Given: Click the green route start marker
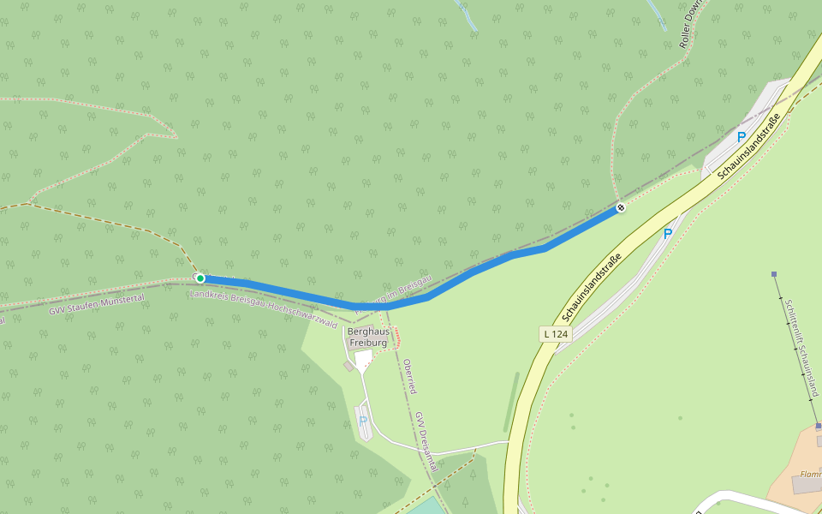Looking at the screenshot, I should coord(200,278).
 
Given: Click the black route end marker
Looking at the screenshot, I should coord(621,207).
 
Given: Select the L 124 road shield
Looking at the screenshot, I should coord(555,334).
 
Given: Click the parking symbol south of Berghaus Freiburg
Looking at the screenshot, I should coord(363,421).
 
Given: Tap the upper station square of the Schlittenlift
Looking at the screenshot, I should coord(774,274).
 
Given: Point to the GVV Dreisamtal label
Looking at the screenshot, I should coord(426,441).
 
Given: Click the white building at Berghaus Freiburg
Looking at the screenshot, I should coord(363,359).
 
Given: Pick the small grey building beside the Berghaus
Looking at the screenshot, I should coord(348,366).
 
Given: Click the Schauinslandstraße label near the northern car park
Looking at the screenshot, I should coord(749,146).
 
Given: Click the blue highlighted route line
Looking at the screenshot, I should coord(479,269).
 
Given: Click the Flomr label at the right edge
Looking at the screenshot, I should coord(810,473).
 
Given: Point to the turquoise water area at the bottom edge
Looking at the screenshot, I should coord(426,506).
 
